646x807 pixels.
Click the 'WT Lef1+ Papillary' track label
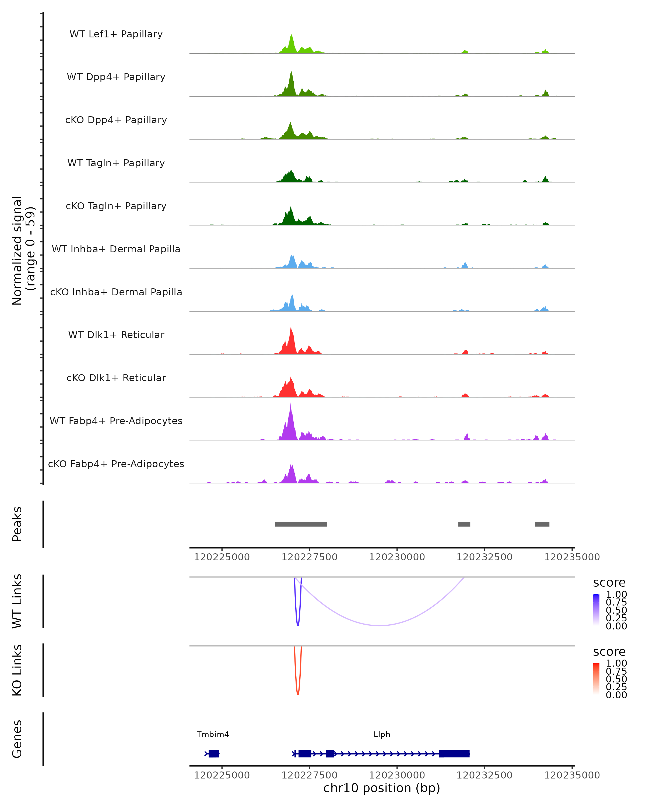pyautogui.click(x=116, y=34)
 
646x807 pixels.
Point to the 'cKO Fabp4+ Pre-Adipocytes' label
pyautogui.click(x=116, y=464)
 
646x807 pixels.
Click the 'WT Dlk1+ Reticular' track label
pyautogui.click(x=116, y=335)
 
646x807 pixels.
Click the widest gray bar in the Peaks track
pyautogui.click(x=301, y=524)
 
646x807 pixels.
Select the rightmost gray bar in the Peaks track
pyautogui.click(x=542, y=524)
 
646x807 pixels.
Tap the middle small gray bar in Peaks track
pyautogui.click(x=464, y=524)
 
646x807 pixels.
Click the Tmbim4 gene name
pyautogui.click(x=213, y=734)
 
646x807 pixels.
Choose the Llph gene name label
pyautogui.click(x=382, y=734)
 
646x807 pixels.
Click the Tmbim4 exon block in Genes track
pyautogui.click(x=213, y=753)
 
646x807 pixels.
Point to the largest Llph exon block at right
pyautogui.click(x=454, y=753)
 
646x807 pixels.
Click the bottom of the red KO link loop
pyautogui.click(x=298, y=694)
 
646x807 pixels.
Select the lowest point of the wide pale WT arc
pyautogui.click(x=380, y=625)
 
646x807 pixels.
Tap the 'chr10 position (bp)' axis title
pyautogui.click(x=382, y=788)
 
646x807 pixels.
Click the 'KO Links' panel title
pyautogui.click(x=17, y=670)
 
